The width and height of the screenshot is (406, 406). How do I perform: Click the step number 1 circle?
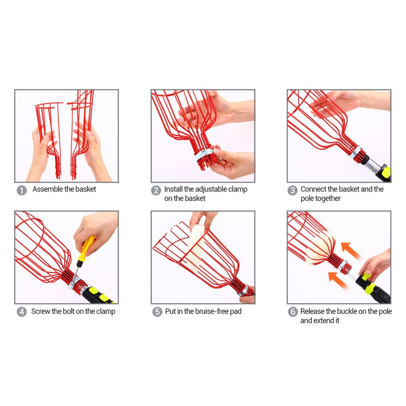click(22, 191)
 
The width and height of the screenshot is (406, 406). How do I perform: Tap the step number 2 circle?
click(156, 191)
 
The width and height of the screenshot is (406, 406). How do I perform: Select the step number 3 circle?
click(292, 191)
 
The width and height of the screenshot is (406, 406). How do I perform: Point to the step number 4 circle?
click(22, 312)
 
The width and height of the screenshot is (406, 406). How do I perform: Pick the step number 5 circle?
click(157, 312)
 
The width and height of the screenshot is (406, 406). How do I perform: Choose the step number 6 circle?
click(293, 312)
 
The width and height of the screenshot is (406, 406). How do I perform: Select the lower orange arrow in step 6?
click(338, 281)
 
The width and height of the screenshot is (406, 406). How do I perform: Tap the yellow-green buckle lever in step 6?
click(367, 275)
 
